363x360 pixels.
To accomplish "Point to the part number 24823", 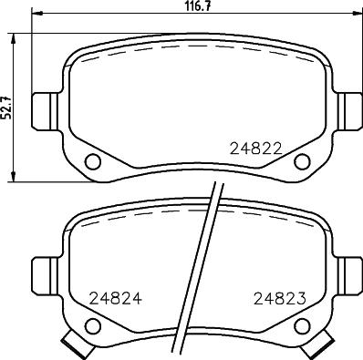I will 278,296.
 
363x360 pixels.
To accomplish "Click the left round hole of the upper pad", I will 92,163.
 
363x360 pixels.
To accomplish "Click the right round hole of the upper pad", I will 304,163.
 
